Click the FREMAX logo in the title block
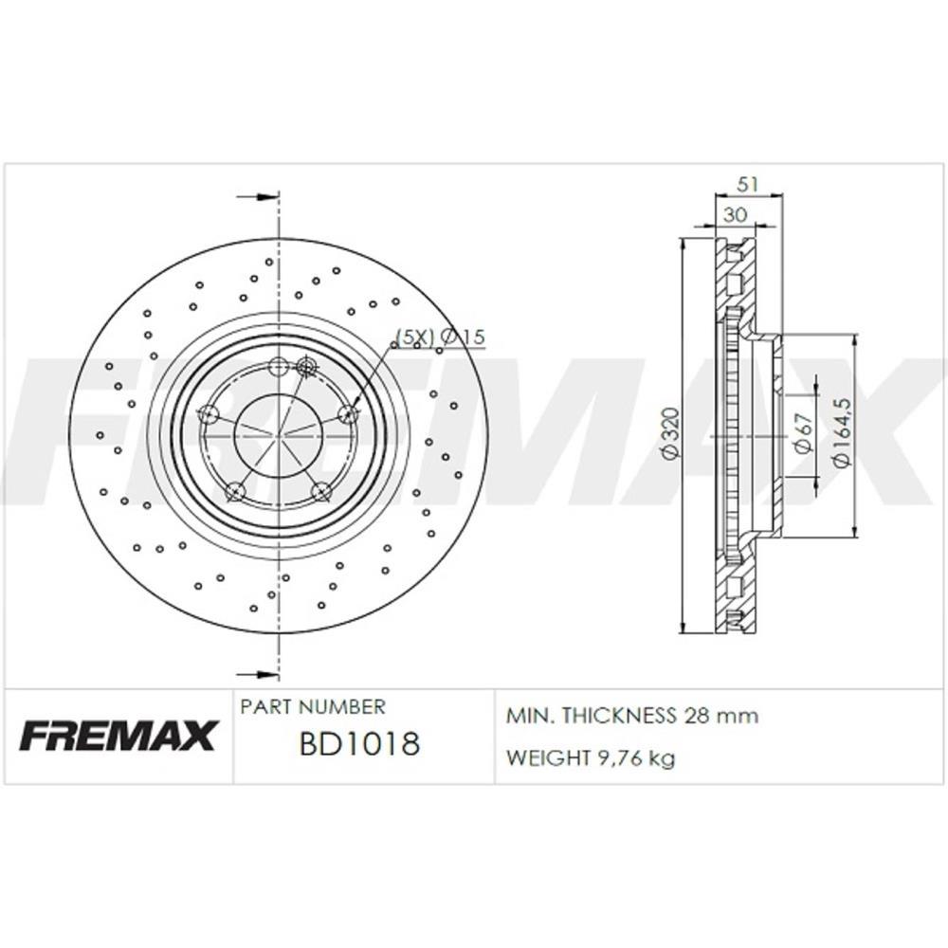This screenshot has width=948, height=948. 118,736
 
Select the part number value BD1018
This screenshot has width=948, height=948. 359,744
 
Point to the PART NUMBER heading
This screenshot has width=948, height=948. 313,707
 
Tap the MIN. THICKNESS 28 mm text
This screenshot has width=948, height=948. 632,716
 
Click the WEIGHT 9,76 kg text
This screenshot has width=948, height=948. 591,758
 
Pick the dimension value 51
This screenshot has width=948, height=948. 748,186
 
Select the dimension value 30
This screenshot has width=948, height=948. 734,216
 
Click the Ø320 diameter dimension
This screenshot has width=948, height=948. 670,434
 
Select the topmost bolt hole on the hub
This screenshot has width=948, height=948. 279,367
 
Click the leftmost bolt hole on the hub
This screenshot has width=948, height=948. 209,414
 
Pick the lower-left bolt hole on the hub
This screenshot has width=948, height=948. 235,491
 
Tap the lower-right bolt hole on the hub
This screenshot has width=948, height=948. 321,490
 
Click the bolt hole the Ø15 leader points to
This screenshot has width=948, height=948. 349,413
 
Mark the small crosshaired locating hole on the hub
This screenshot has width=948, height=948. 305,366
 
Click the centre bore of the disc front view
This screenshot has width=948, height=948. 278,435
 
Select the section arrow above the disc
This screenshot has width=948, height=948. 257,197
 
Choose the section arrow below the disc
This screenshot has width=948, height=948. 257,674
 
